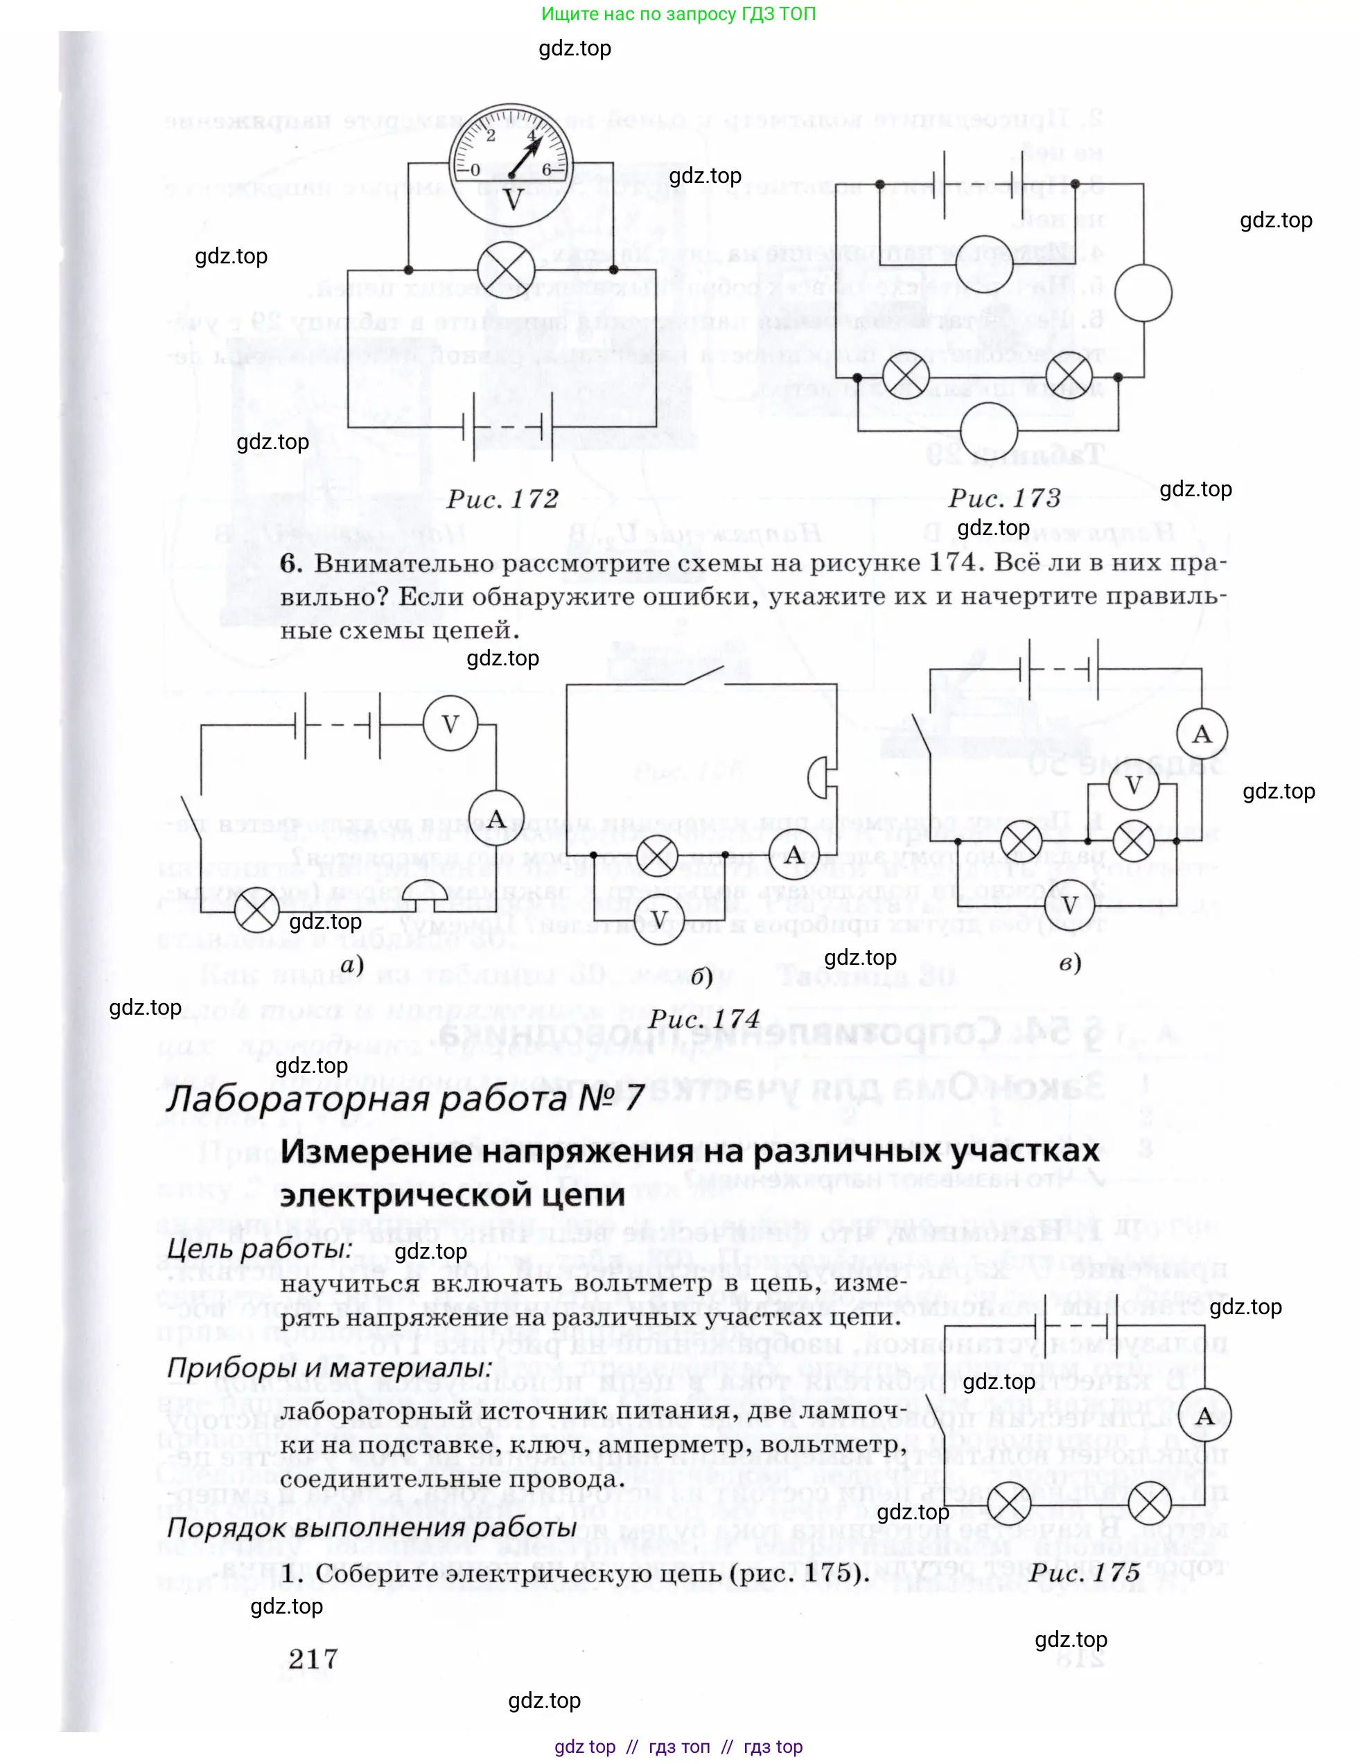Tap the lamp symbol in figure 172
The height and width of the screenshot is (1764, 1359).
pyautogui.click(x=507, y=269)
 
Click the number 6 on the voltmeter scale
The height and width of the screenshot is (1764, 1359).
pyautogui.click(x=547, y=170)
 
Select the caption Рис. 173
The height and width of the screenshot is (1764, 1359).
pyautogui.click(x=1003, y=498)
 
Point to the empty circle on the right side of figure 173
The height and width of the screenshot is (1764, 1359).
pyautogui.click(x=1143, y=292)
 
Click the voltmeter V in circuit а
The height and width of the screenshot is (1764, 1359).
pyautogui.click(x=450, y=724)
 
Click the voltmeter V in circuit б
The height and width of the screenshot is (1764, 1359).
pyautogui.click(x=659, y=919)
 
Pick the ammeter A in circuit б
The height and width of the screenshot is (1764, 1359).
pyautogui.click(x=794, y=855)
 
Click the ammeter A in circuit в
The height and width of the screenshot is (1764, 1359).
pyautogui.click(x=1202, y=734)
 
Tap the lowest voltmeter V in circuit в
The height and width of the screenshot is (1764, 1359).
pyautogui.click(x=1069, y=905)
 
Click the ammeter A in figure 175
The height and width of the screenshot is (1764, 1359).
pyautogui.click(x=1204, y=1417)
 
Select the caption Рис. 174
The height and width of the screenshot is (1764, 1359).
pyautogui.click(x=704, y=1020)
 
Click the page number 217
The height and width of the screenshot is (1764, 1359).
pyautogui.click(x=313, y=1659)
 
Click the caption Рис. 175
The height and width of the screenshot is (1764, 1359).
pyautogui.click(x=1085, y=1573)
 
